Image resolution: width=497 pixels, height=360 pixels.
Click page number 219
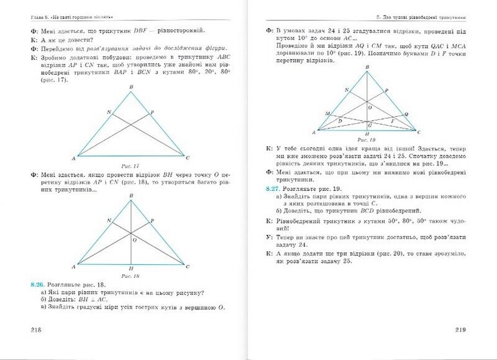[460, 330]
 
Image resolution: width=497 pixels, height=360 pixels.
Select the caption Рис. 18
[131, 275]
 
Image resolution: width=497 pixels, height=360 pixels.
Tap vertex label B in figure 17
[131, 88]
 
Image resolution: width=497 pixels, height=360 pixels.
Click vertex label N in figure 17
[109, 112]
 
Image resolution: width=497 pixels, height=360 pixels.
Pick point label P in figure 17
[152, 112]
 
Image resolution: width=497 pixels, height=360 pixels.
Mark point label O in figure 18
[135, 238]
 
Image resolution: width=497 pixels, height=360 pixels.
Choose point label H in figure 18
[131, 268]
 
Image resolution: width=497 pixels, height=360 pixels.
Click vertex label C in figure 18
[188, 267]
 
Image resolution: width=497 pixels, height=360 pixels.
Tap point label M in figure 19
[327, 113]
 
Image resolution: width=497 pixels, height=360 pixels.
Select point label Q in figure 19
[406, 114]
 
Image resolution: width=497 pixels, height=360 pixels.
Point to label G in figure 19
[370, 126]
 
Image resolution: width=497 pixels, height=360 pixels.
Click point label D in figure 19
[340, 119]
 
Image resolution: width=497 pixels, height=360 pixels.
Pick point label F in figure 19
[392, 119]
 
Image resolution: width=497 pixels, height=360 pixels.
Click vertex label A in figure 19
[314, 132]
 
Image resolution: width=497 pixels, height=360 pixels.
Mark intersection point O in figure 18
[131, 234]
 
